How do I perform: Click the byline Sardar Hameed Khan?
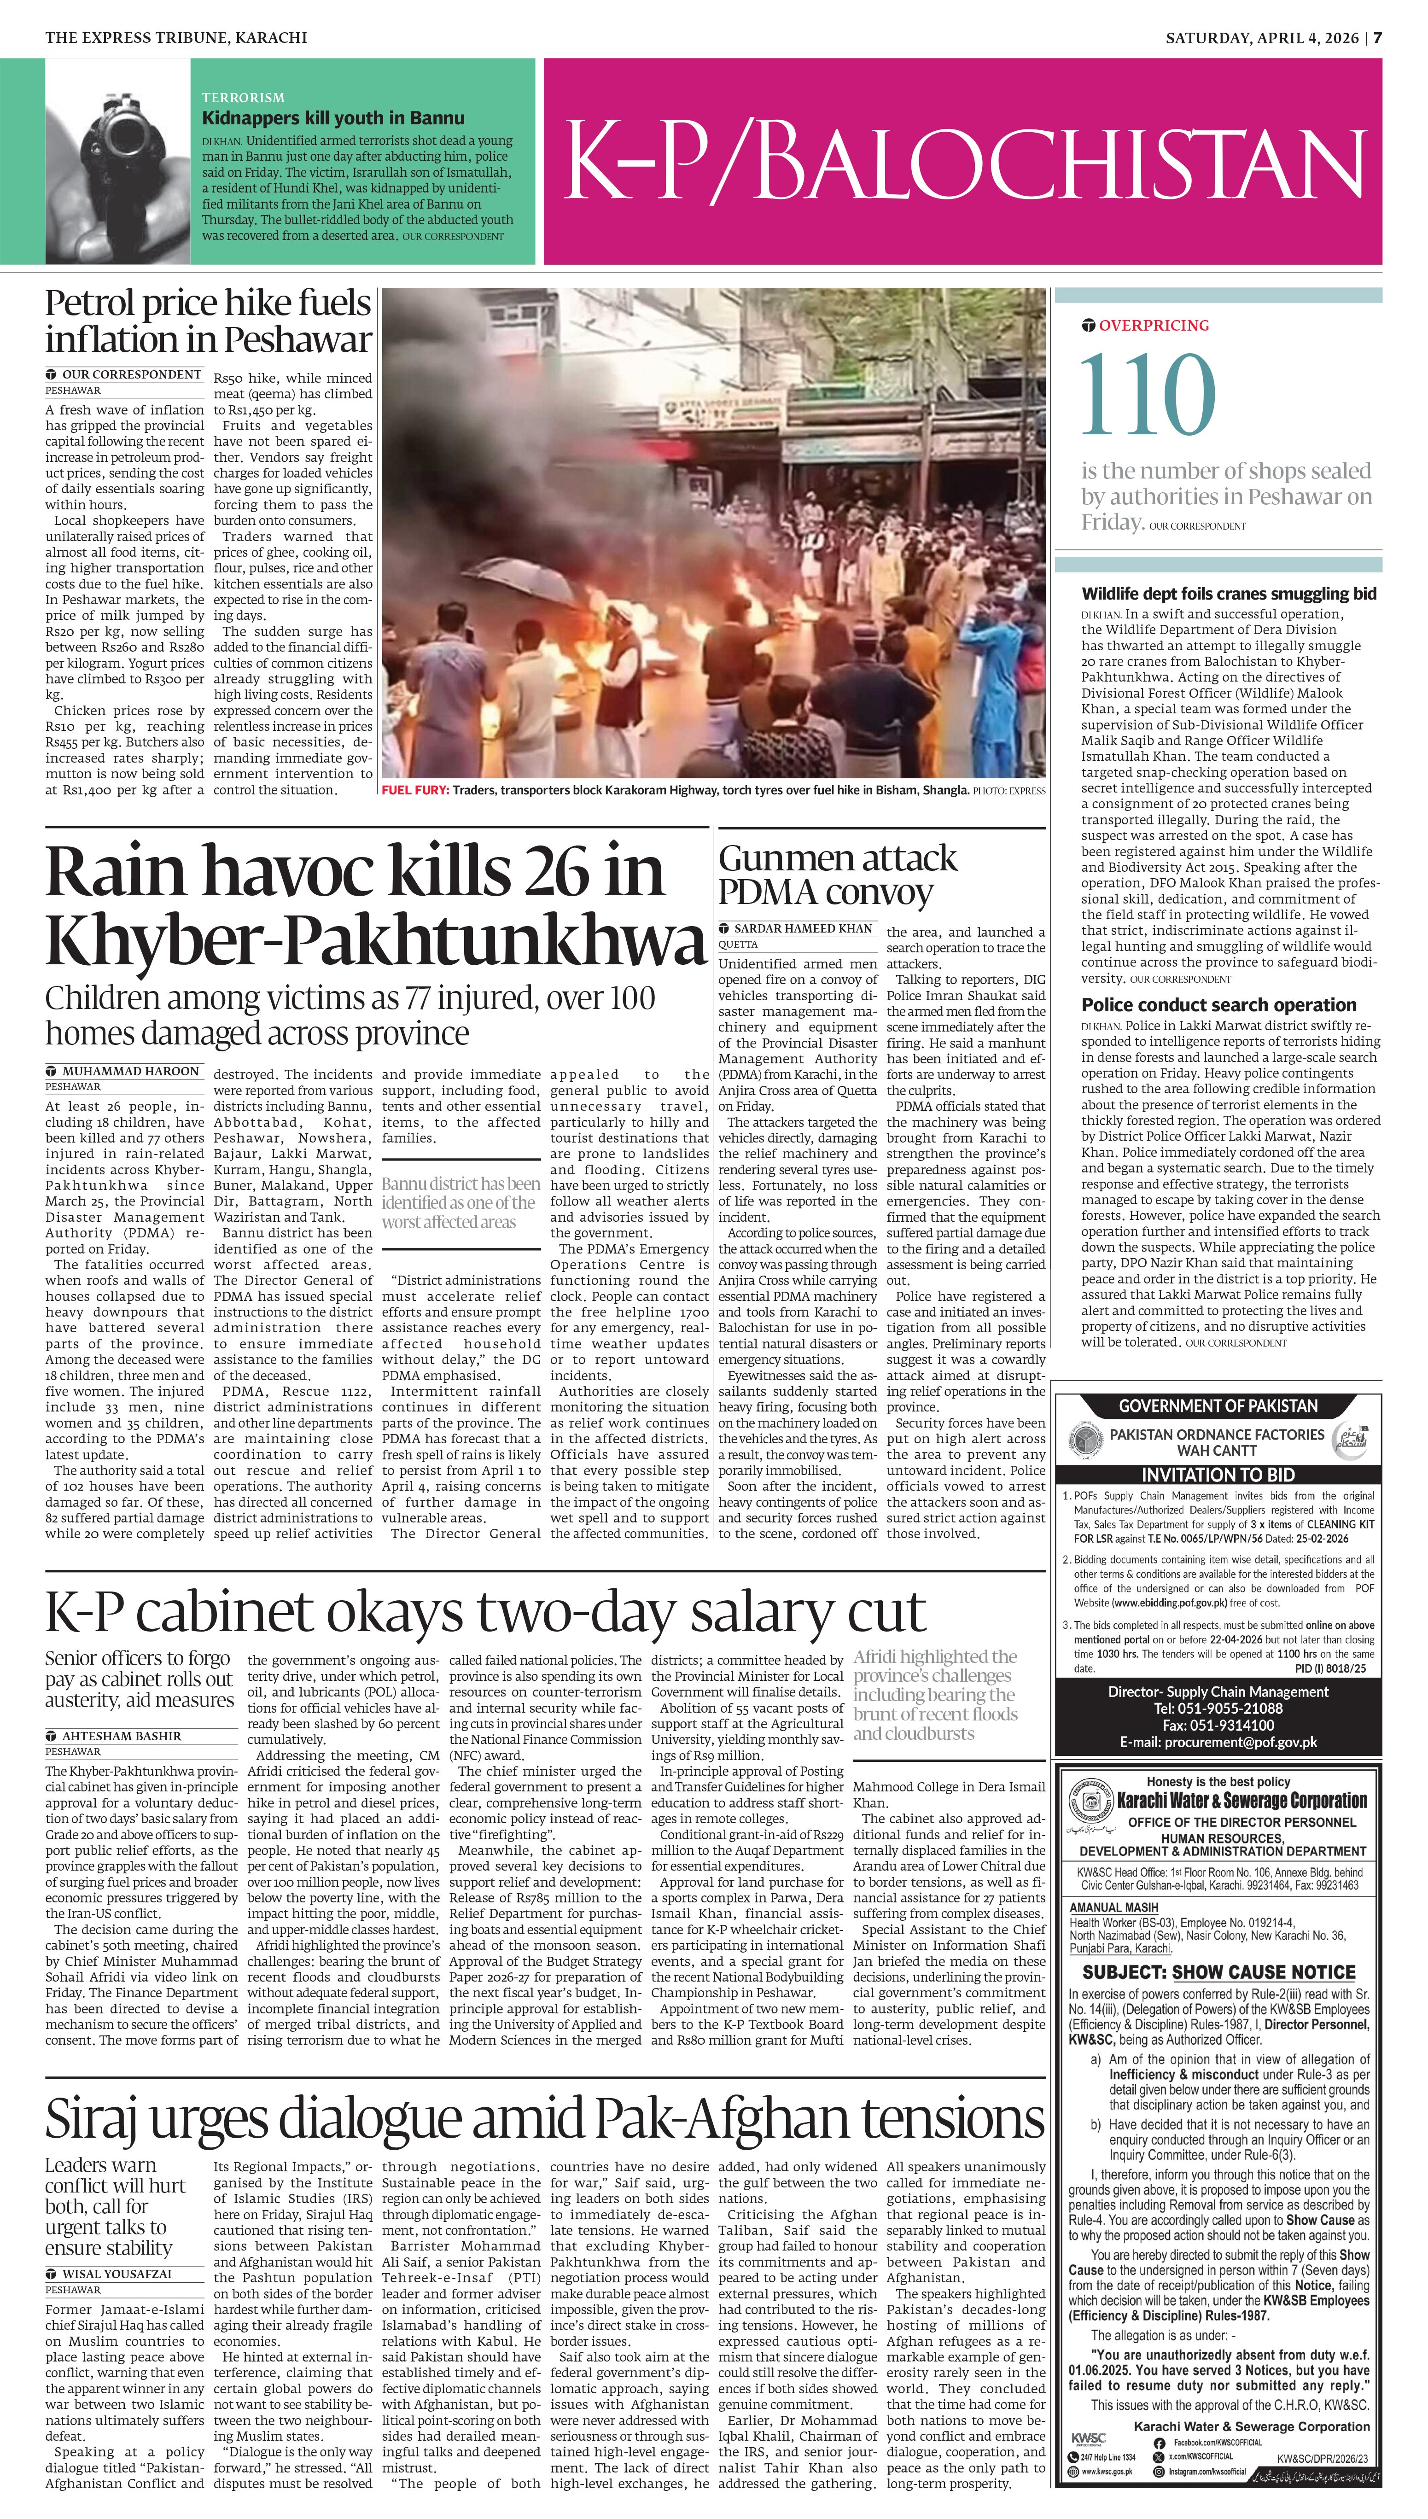[802, 928]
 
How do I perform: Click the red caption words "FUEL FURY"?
[415, 790]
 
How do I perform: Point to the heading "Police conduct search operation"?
[1218, 1005]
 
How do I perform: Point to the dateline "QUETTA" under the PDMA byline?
[739, 944]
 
